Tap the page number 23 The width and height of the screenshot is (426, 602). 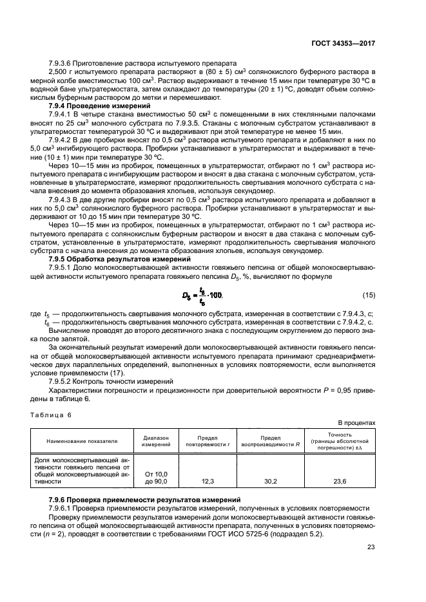[x=371, y=548]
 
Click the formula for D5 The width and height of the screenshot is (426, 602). [x=200, y=295]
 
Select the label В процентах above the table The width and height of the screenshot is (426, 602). [x=356, y=422]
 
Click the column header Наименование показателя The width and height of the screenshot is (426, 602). [x=82, y=441]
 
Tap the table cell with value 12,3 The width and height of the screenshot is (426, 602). [x=207, y=480]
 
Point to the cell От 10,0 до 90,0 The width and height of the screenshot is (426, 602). [x=156, y=477]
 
